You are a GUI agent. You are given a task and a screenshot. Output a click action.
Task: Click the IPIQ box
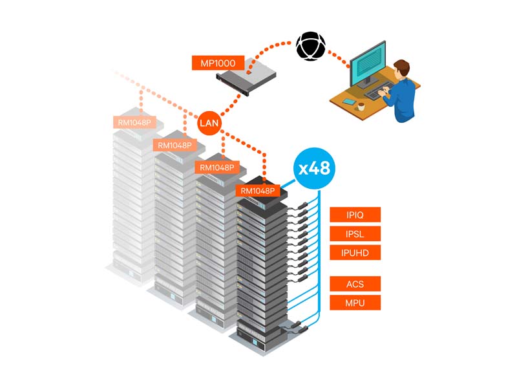click(x=355, y=215)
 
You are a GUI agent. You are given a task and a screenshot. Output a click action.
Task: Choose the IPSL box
click(x=355, y=233)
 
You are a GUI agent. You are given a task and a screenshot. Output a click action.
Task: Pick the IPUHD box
click(x=355, y=252)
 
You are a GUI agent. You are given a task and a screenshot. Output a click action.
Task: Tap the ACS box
click(x=355, y=283)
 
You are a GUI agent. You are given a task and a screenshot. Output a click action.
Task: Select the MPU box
click(x=355, y=302)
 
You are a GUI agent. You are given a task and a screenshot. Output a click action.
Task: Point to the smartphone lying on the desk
click(x=350, y=102)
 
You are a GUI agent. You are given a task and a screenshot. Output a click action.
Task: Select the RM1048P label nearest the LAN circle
click(x=175, y=145)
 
